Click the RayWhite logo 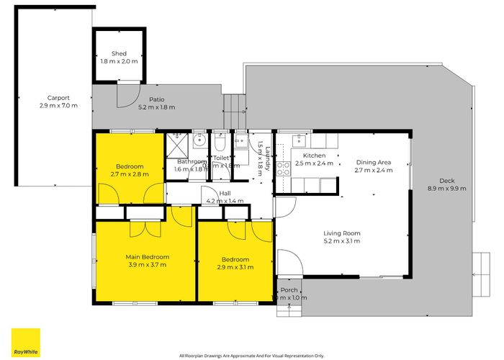[25, 343]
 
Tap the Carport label [59, 98]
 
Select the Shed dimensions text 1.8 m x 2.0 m [119, 62]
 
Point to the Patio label [157, 100]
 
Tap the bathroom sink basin [200, 140]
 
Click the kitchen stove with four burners [283, 168]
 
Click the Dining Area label [372, 162]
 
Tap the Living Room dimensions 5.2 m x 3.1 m [341, 241]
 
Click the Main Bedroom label [147, 257]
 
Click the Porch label [289, 290]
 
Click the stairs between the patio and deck [233, 112]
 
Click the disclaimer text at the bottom [251, 355]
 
